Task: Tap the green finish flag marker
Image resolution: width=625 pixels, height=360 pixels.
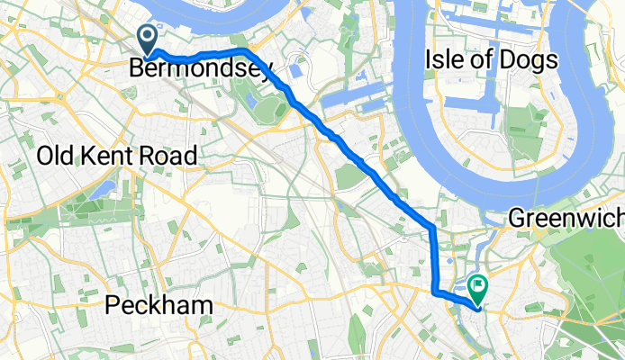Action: point(476,287)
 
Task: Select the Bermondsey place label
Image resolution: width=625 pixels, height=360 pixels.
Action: point(199,67)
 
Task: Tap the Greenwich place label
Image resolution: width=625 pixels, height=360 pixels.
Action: point(566,218)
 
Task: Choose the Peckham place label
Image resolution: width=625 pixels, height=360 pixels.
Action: point(159,306)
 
